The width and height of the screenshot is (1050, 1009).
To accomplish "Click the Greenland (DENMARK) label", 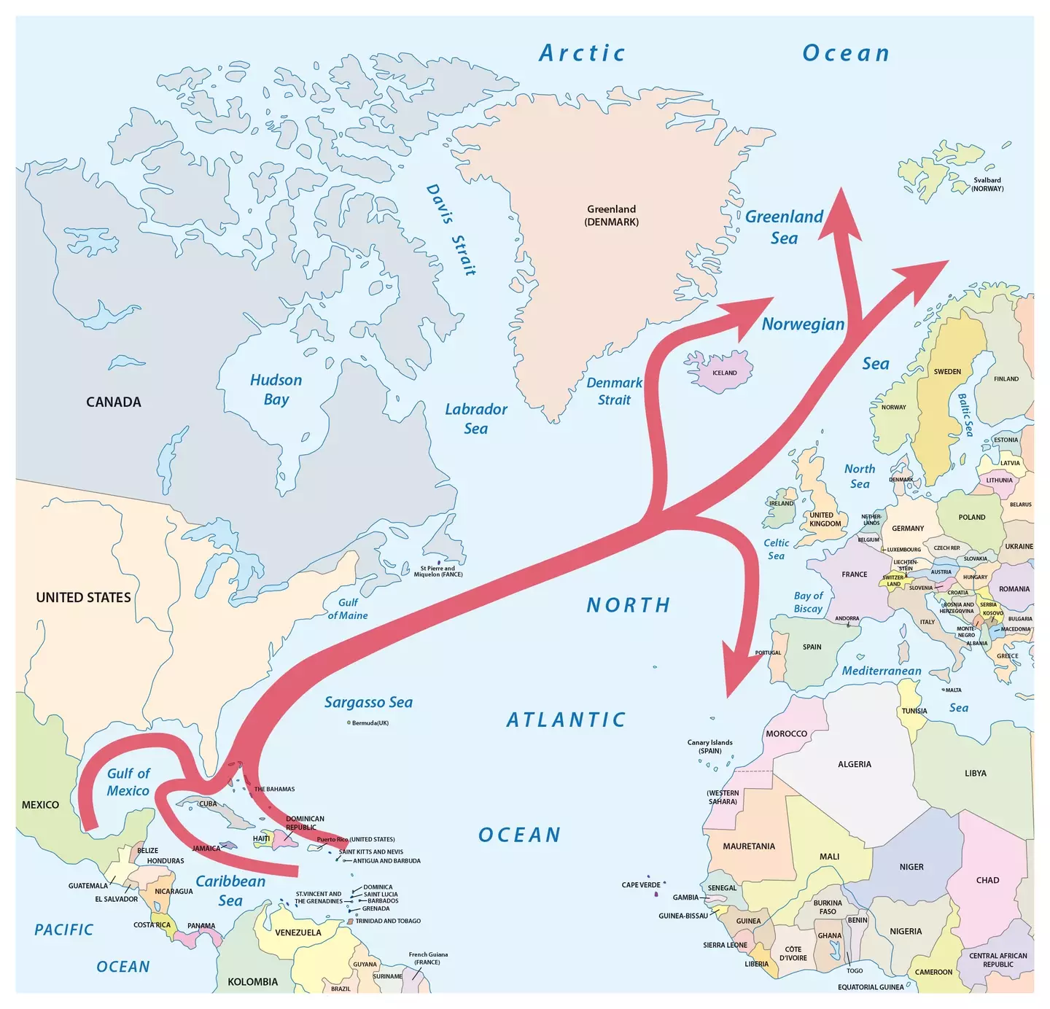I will point(611,215).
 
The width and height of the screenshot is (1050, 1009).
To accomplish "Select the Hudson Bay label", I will point(276,389).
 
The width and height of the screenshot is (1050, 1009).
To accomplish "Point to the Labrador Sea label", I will point(476,418).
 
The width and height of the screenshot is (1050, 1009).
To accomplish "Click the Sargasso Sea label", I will point(368,702).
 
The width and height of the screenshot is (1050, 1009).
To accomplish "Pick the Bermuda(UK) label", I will point(370,723).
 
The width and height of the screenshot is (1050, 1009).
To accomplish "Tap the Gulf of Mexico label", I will point(128,782).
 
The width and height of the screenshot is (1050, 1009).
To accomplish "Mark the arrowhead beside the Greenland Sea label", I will point(840,215).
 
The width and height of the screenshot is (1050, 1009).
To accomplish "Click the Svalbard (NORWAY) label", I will point(987,184).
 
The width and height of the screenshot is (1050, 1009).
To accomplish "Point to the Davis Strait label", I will point(451,230).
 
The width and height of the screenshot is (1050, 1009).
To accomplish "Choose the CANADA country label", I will point(114,402).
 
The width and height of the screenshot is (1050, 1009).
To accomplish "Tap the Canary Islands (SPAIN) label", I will point(709,747).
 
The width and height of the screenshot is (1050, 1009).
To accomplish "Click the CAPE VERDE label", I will point(641,885).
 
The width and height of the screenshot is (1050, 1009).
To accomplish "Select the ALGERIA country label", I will point(854,764).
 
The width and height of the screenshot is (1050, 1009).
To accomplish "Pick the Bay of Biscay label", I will point(808,602).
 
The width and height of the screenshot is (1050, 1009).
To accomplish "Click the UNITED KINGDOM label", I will point(825,519).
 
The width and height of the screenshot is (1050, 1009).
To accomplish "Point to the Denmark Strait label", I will point(614,391).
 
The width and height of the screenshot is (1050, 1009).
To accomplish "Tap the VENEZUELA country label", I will point(297,932).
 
